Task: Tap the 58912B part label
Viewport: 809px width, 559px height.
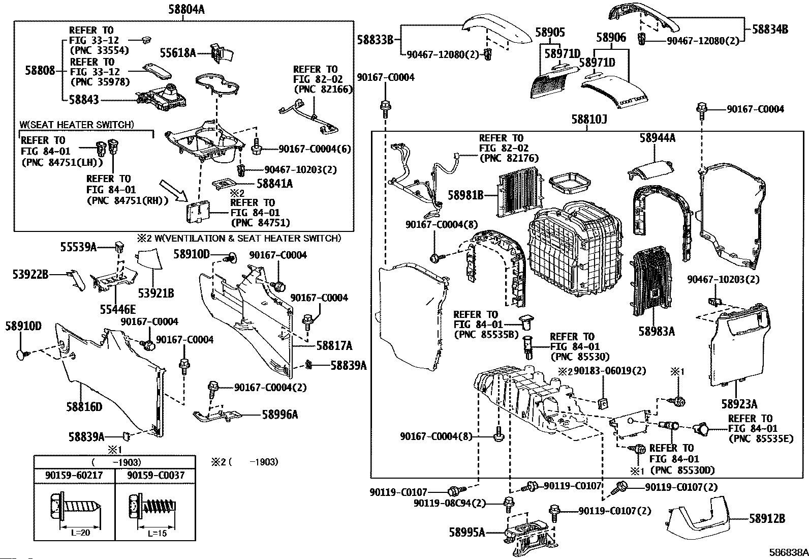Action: pos(767,519)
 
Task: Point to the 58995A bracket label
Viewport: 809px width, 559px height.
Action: pos(466,533)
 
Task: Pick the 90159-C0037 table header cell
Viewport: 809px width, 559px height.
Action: pos(156,475)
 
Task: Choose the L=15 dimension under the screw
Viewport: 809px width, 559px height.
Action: pos(157,534)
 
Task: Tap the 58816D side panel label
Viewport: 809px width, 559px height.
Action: pos(84,406)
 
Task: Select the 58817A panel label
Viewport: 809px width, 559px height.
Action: pos(334,346)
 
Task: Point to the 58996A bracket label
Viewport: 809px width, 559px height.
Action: pos(280,415)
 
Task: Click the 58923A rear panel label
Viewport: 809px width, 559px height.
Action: pos(739,404)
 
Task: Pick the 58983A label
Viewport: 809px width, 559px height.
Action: pos(656,332)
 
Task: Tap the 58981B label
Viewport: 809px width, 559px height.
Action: pos(465,194)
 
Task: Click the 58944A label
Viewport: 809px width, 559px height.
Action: pos(657,138)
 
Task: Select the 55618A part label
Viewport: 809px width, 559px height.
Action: pos(178,52)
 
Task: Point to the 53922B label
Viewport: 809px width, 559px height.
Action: pos(30,275)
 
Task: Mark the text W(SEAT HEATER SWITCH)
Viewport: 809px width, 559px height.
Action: pos(77,125)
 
